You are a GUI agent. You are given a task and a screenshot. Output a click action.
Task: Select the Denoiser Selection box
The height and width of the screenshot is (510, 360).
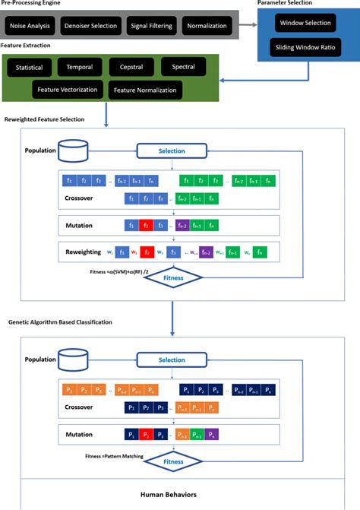[x=90, y=27]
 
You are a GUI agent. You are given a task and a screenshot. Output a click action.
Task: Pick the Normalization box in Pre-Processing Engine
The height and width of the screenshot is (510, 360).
[x=207, y=27]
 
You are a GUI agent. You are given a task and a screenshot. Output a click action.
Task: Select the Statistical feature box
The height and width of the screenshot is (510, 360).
[x=30, y=68]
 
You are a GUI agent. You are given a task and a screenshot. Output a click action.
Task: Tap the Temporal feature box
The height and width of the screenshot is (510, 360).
[x=80, y=68]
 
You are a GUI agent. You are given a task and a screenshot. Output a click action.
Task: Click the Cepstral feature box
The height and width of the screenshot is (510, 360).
[x=131, y=68]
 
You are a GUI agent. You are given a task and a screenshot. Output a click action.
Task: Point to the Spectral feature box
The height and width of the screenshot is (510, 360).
[x=183, y=68]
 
